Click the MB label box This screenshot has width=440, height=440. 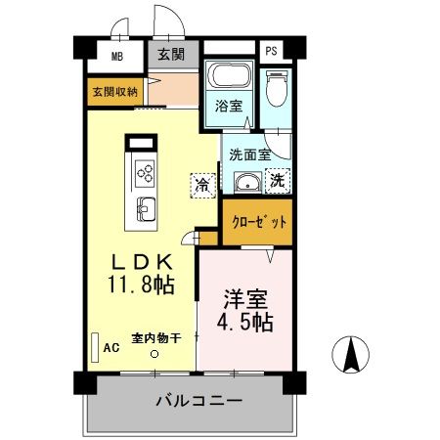coord(116,58)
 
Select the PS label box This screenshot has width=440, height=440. coord(271,51)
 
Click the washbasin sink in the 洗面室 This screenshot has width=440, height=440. coord(248,183)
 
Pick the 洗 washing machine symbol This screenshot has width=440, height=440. coord(277,180)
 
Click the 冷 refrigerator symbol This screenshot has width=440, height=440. coord(203,184)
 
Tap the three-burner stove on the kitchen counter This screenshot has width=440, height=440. coord(145,174)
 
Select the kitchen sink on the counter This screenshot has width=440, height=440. coord(145,208)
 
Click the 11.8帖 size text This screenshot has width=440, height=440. coord(142,286)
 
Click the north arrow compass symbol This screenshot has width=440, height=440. coord(351,354)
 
